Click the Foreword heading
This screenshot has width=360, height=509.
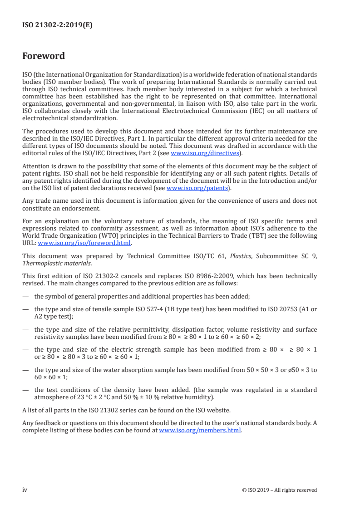pyautogui.click(x=44, y=56)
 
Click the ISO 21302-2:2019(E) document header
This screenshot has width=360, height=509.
pyautogui.click(x=57, y=25)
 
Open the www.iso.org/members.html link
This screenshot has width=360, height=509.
pyautogui.click(x=200, y=430)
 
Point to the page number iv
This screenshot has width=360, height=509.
pyautogui.click(x=25, y=489)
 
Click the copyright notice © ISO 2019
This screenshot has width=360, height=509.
pyautogui.click(x=280, y=490)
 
